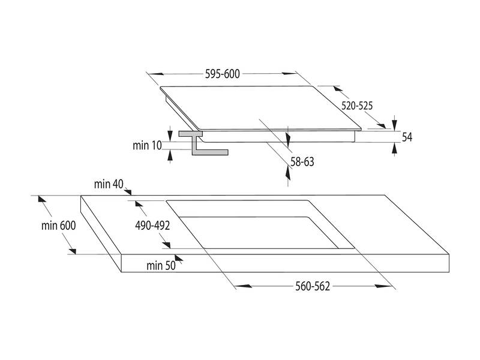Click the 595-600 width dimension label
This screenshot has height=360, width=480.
click(222, 74)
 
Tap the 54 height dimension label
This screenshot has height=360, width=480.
click(407, 137)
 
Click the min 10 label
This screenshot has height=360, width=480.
click(147, 145)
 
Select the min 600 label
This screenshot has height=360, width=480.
click(59, 226)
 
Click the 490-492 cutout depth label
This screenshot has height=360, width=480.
click(152, 226)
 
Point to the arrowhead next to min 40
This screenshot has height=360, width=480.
click(128, 191)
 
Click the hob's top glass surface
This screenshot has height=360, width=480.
click(258, 108)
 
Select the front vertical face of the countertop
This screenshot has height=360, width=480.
click(282, 264)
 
